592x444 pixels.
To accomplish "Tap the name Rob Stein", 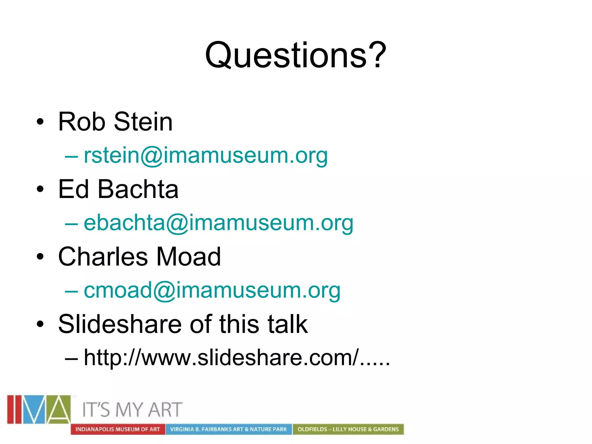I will point(115,122).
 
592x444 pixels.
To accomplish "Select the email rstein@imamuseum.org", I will point(206,155).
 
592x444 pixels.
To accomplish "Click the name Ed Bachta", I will point(118,189).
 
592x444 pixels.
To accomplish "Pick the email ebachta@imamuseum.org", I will point(218,223).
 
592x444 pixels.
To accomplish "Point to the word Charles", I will point(103,257).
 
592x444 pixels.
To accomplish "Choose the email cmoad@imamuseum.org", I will point(212,290).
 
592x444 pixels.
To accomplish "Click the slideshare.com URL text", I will point(237,358).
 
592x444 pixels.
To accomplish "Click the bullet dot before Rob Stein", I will point(40,122).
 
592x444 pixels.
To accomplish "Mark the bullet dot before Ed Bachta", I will point(40,189).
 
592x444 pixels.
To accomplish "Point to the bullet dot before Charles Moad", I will point(40,257).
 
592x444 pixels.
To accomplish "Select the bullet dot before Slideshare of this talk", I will point(40,324).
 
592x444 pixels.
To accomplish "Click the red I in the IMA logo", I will point(11,409).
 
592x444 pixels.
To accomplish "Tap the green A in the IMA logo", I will point(59,409).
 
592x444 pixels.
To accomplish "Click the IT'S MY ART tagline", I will point(132,410).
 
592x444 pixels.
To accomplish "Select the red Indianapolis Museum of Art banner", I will point(118,429).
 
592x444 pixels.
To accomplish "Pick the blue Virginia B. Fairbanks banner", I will point(228,429).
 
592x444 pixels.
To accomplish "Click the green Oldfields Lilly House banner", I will point(348,429).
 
